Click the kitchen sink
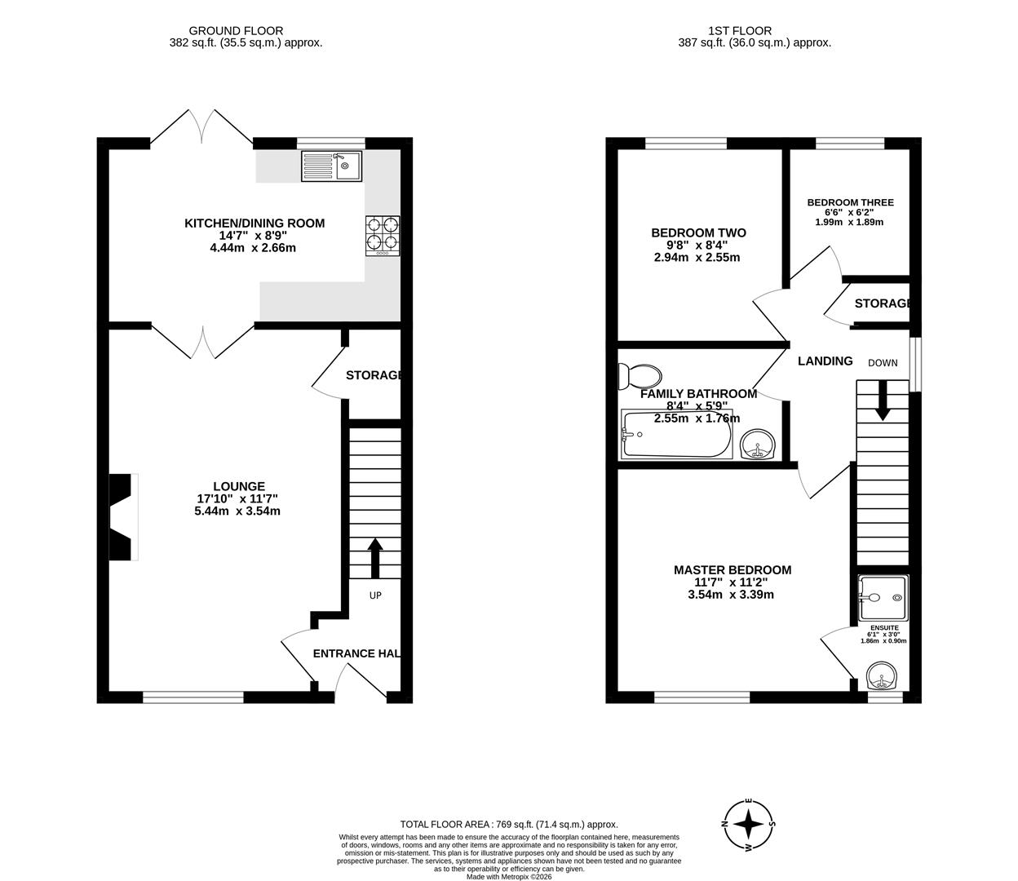tap(331, 166)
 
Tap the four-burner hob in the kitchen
tap(383, 235)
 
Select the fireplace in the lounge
tap(123, 516)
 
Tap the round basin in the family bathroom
tap(759, 445)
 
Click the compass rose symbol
tap(749, 825)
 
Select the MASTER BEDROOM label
tap(732, 570)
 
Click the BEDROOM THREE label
tap(850, 202)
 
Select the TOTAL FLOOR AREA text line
tap(508, 825)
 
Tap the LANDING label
tap(825, 361)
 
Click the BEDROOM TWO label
tap(698, 232)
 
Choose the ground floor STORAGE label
tap(374, 375)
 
